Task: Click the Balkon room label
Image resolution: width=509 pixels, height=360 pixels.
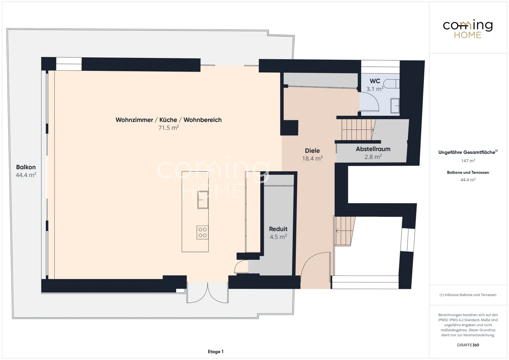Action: tap(26, 167)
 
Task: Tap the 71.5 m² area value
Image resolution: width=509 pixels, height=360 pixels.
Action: tap(168, 128)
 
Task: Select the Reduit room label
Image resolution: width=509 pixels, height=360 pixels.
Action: tap(278, 229)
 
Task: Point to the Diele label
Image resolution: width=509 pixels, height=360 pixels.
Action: tap(312, 151)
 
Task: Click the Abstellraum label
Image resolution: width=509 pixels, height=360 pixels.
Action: tap(373, 149)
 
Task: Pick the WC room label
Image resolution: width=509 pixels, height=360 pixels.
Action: tap(375, 81)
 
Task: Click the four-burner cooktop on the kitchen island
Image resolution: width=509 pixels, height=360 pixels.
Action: tap(203, 232)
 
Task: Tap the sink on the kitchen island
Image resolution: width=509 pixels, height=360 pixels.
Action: tap(203, 200)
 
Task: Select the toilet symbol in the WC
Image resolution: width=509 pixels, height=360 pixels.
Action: tap(392, 84)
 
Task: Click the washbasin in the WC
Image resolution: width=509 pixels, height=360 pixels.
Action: tap(395, 106)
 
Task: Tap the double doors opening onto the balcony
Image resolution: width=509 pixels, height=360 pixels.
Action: tap(207, 293)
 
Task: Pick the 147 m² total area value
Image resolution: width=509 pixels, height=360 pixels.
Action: tap(468, 161)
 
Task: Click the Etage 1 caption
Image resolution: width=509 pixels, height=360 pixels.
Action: tap(215, 352)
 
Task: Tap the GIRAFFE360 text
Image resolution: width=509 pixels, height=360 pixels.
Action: tap(468, 345)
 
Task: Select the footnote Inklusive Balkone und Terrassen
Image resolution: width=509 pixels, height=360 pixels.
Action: tap(468, 295)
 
